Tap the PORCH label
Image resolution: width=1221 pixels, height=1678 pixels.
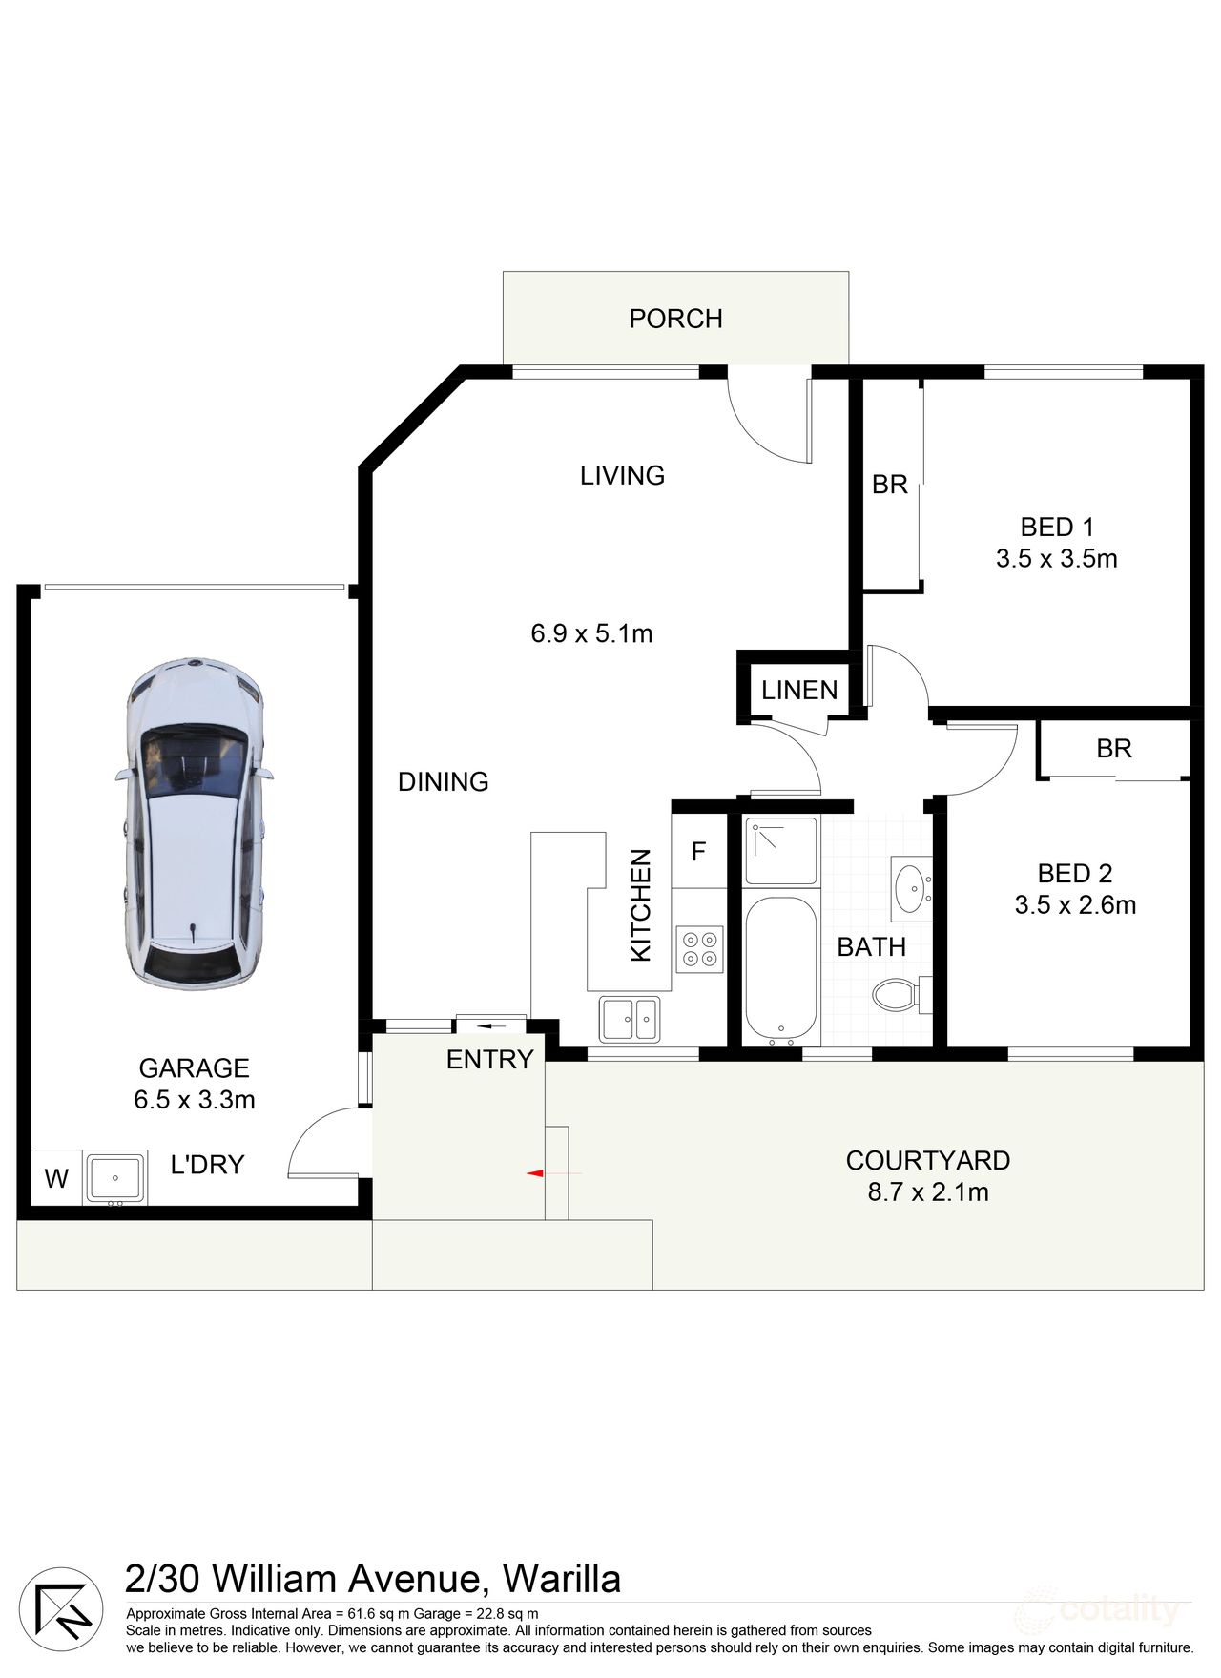tap(675, 319)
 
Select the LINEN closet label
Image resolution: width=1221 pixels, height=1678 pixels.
tap(799, 690)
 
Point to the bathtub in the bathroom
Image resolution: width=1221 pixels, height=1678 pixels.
tap(780, 968)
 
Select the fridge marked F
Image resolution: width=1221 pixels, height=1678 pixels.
tap(698, 851)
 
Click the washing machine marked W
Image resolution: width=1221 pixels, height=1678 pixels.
tap(56, 1178)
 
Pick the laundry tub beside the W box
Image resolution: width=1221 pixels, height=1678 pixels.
tap(115, 1177)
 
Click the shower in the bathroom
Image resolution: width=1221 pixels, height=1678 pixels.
tap(780, 850)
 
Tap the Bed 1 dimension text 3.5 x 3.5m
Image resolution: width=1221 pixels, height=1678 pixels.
tap(1056, 559)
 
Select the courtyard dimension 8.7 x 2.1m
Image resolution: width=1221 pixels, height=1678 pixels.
tap(927, 1191)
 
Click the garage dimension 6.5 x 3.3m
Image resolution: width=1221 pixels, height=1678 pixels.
tap(195, 1100)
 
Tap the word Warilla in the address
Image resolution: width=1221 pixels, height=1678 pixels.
tap(562, 1580)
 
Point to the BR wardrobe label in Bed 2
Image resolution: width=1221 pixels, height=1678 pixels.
tap(1113, 749)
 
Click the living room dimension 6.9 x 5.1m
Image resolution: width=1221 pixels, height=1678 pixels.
tap(591, 633)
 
